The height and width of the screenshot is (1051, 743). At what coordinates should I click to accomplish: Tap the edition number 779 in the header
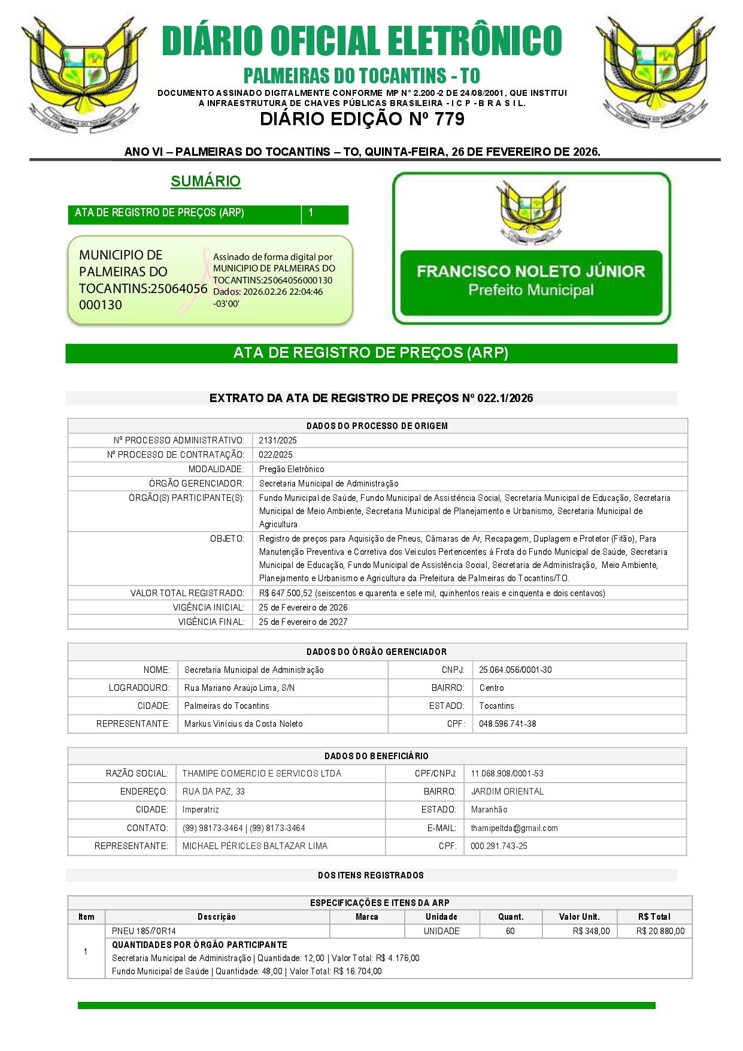pyautogui.click(x=450, y=119)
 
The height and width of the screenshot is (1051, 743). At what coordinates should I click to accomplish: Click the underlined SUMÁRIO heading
pyautogui.click(x=205, y=181)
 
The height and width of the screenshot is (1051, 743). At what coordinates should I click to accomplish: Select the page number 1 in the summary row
pyautogui.click(x=311, y=213)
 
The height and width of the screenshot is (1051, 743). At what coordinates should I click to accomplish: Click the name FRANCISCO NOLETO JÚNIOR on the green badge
pyautogui.click(x=530, y=271)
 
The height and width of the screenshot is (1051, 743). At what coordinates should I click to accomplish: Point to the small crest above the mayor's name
pyautogui.click(x=530, y=213)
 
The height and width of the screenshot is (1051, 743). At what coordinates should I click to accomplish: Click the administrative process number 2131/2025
pyautogui.click(x=278, y=440)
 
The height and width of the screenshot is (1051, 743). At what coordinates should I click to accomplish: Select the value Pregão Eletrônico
pyautogui.click(x=292, y=469)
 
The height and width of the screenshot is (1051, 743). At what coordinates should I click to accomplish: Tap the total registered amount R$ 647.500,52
pyautogui.click(x=286, y=593)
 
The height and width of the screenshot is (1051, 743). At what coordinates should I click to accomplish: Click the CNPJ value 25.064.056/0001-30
pyautogui.click(x=515, y=670)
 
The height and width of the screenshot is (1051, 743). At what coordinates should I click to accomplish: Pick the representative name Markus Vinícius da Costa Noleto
pyautogui.click(x=243, y=724)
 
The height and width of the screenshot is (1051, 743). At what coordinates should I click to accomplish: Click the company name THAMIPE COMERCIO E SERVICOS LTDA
pyautogui.click(x=262, y=774)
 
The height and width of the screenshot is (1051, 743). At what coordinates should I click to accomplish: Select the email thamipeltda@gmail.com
pyautogui.click(x=514, y=828)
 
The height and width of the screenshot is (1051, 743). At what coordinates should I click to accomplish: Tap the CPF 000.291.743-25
pyautogui.click(x=499, y=846)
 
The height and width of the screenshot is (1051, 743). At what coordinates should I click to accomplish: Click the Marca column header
pyautogui.click(x=366, y=917)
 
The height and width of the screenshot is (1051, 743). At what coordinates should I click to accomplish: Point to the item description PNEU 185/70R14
pyautogui.click(x=144, y=931)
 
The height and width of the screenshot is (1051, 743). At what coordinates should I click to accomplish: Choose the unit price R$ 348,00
pyautogui.click(x=591, y=931)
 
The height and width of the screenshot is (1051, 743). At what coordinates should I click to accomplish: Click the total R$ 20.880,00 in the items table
pyautogui.click(x=660, y=931)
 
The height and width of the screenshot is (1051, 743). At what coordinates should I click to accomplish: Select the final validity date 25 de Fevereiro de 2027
pyautogui.click(x=303, y=622)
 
